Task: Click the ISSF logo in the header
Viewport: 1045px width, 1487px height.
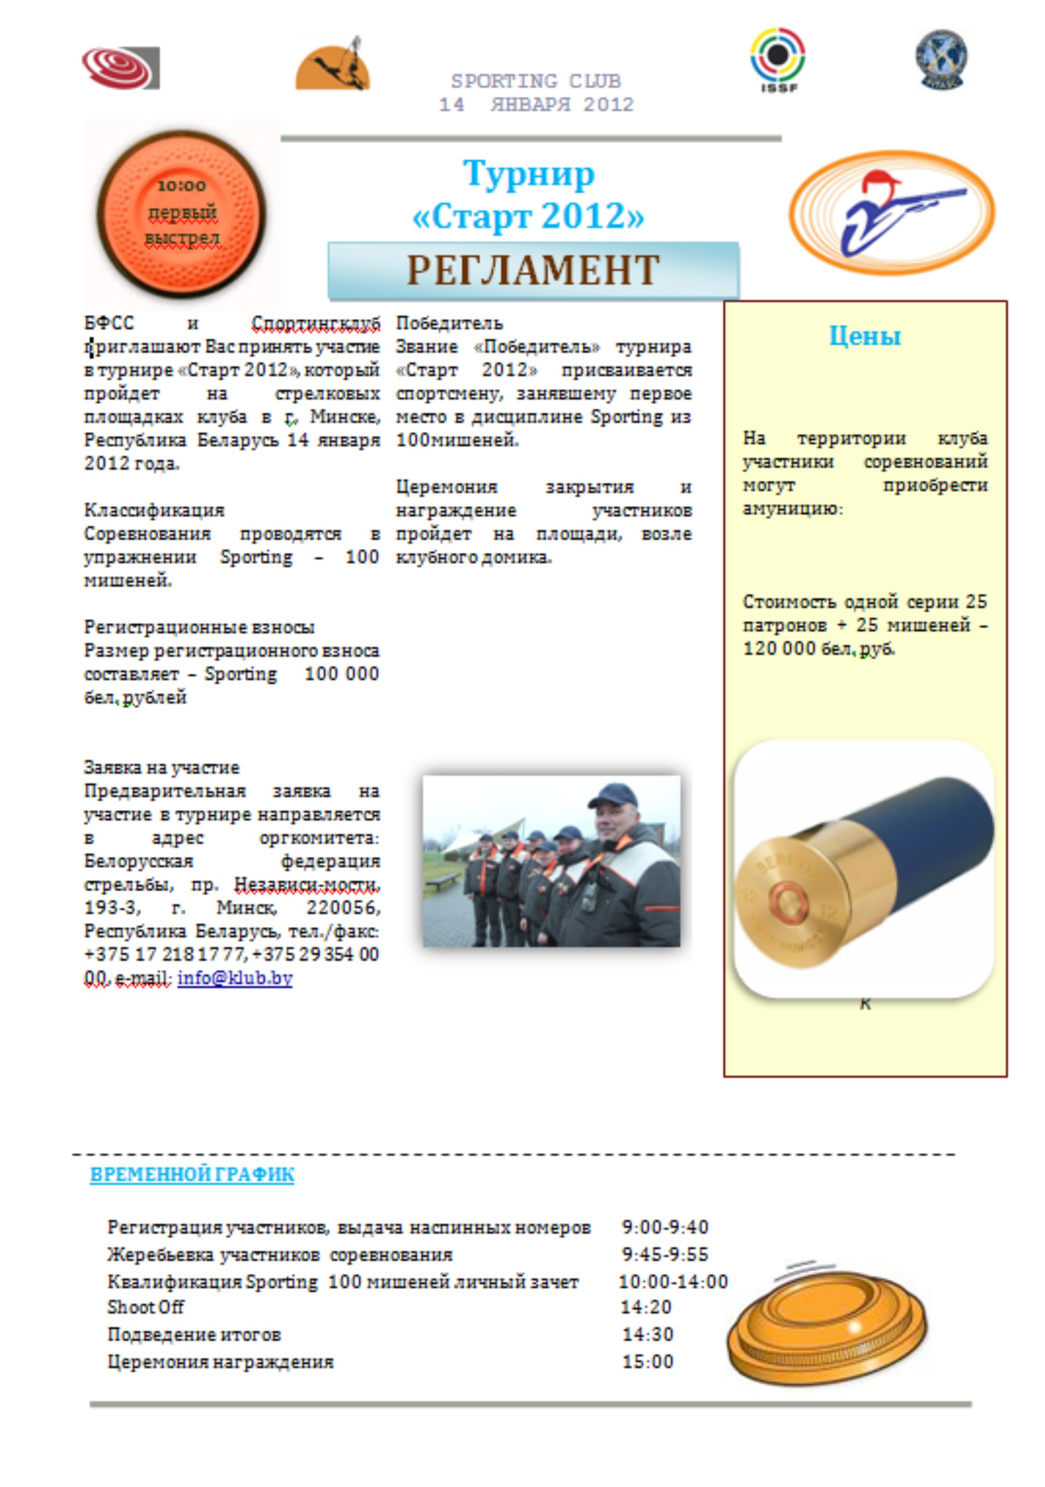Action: point(777,58)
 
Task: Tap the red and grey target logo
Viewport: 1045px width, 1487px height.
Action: point(120,67)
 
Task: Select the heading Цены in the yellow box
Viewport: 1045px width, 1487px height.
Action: point(865,336)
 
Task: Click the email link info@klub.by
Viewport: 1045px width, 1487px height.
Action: point(234,978)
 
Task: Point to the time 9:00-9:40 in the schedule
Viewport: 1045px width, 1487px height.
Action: point(665,1227)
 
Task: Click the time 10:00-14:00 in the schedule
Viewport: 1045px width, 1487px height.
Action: point(673,1282)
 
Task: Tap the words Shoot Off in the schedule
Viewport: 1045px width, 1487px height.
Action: point(146,1307)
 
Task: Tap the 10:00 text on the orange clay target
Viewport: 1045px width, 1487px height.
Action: point(182,186)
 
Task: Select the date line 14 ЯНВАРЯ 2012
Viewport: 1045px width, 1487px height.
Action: point(536,105)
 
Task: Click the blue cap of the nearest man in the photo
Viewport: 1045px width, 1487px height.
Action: point(612,795)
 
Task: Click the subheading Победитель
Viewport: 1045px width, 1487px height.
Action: point(449,323)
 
